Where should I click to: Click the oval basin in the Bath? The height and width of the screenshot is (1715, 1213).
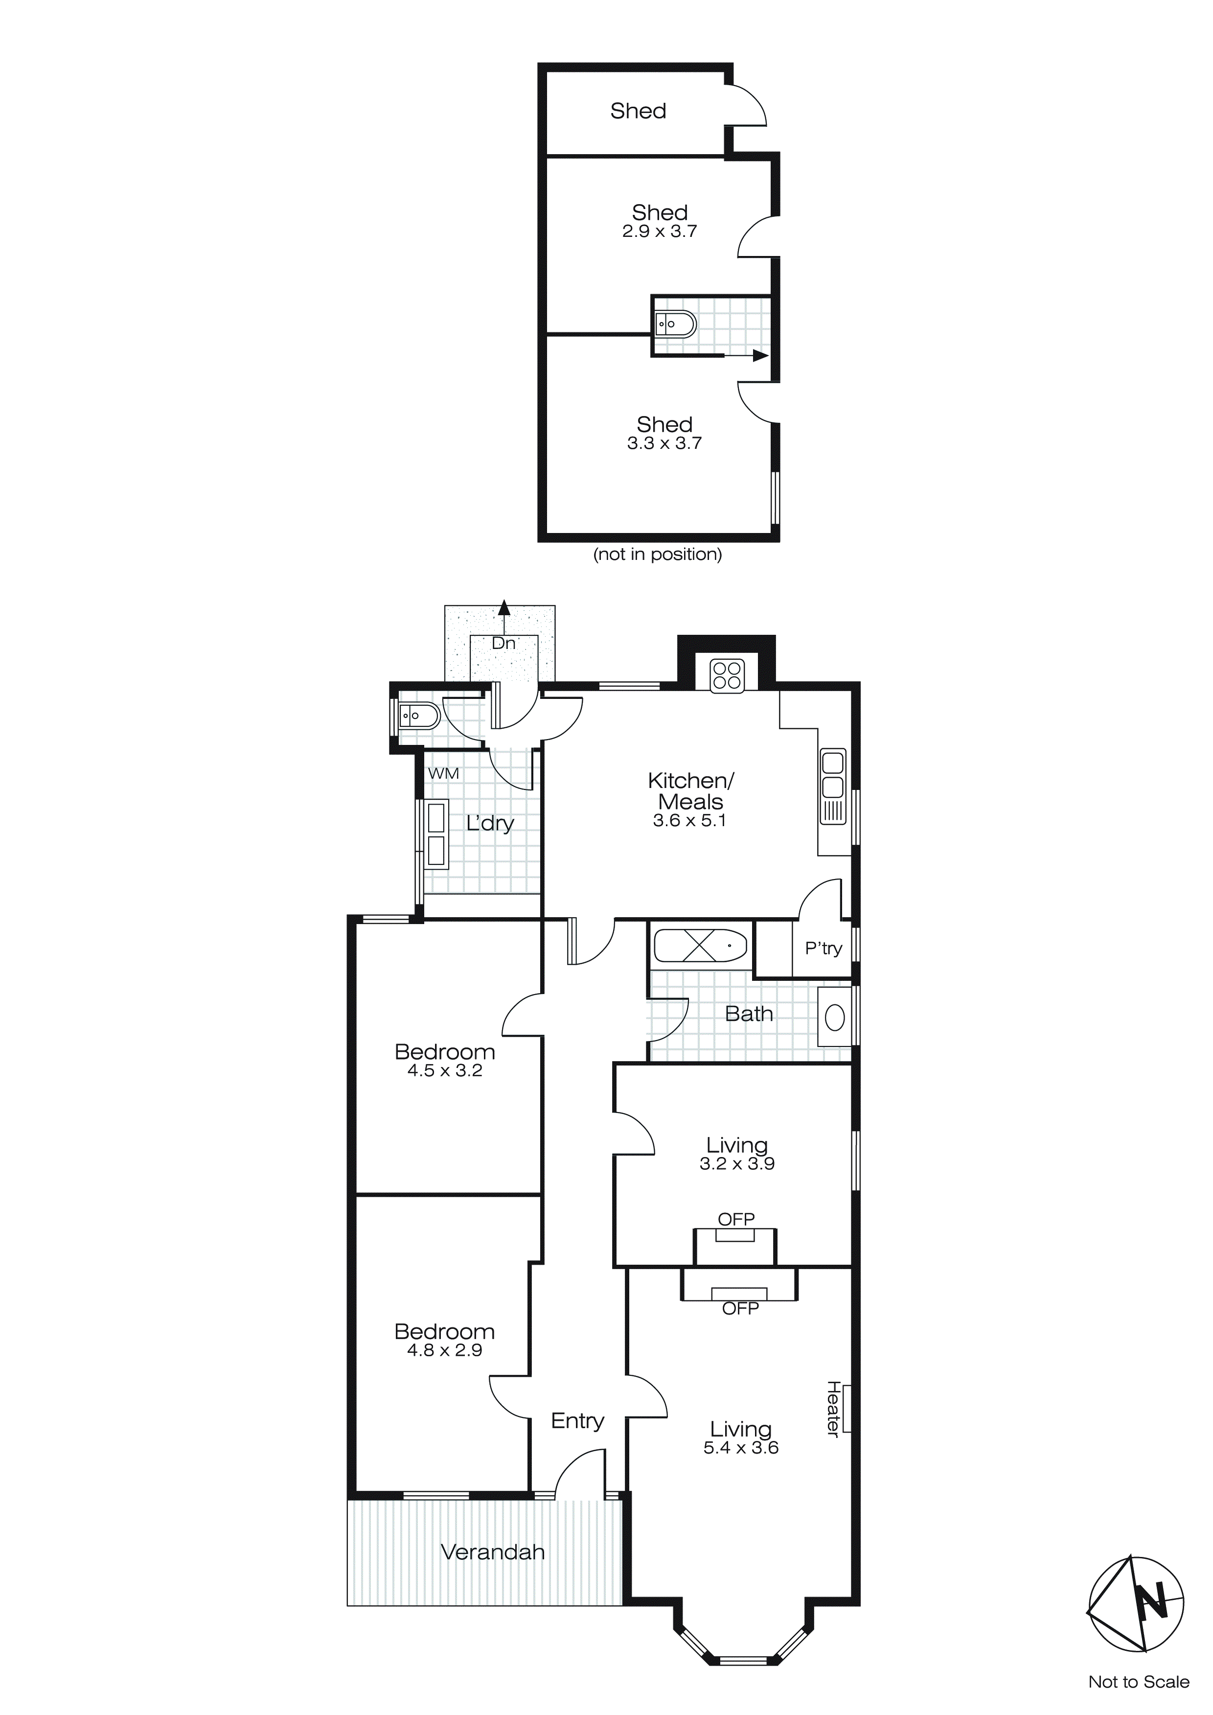coord(835,1018)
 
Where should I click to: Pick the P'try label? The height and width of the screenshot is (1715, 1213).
coord(823,949)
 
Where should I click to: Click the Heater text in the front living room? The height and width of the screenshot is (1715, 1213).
coord(833,1408)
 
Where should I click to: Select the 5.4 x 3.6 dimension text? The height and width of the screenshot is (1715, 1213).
coord(741,1448)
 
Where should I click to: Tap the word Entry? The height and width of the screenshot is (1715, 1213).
coord(577,1421)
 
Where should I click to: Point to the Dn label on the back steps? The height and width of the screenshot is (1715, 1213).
coord(504,643)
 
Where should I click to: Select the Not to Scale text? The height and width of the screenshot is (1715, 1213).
coord(1138,1681)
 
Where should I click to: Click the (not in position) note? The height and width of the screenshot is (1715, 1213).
coord(657,554)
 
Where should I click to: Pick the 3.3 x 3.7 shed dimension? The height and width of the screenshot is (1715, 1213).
coord(664,444)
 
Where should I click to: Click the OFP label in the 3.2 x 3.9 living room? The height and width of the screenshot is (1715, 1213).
coord(736,1219)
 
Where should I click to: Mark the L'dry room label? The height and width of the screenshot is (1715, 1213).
coord(490,823)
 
